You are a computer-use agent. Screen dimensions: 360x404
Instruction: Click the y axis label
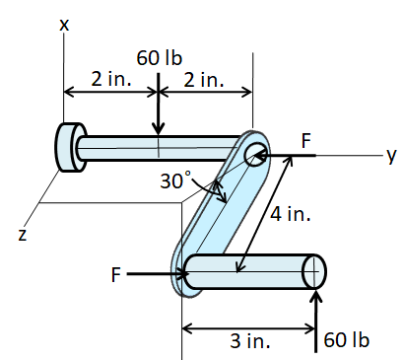pyautogui.click(x=390, y=154)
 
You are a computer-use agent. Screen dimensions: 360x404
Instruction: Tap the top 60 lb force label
pyautogui.click(x=160, y=58)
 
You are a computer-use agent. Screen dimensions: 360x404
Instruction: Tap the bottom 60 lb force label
pyautogui.click(x=346, y=340)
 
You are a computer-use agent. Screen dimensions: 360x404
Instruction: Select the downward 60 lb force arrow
pyautogui.click(x=159, y=108)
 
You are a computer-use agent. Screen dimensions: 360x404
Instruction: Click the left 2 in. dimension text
pyautogui.click(x=110, y=80)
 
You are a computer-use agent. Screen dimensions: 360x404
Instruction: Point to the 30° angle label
pyautogui.click(x=176, y=180)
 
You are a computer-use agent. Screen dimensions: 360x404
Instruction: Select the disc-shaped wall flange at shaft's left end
pyautogui.click(x=70, y=147)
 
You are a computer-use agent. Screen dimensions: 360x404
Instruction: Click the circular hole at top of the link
pyautogui.click(x=255, y=153)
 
